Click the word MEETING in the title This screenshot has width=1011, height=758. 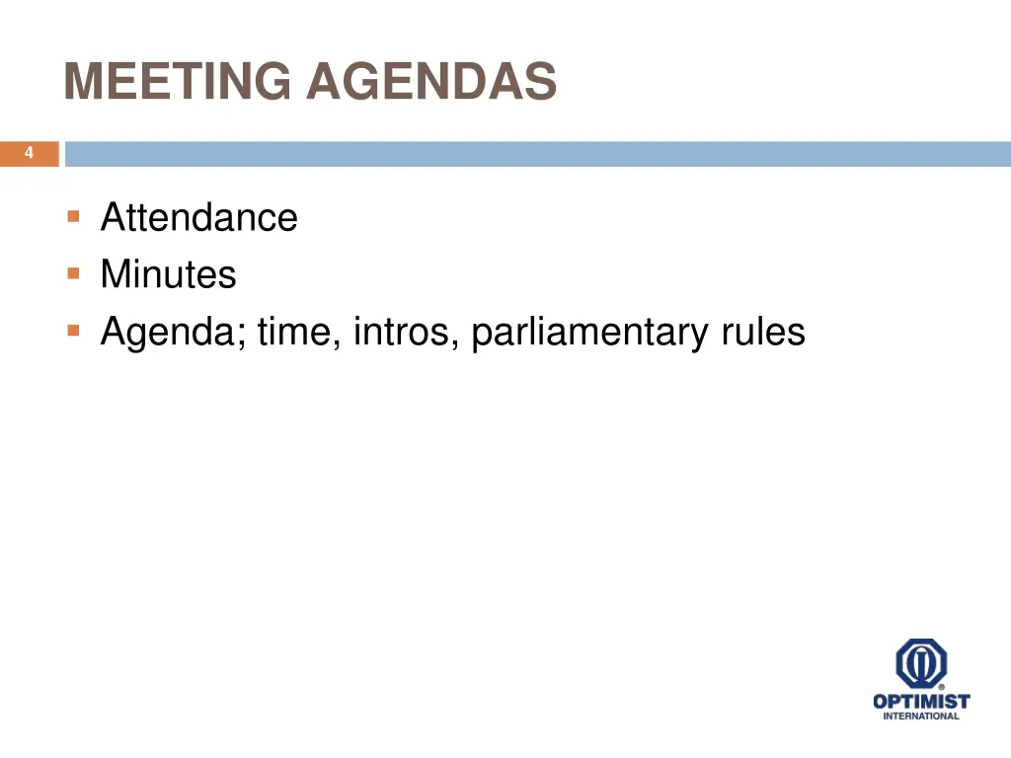click(179, 82)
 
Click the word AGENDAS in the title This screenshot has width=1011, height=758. click(431, 82)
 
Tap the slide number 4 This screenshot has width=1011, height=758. click(29, 153)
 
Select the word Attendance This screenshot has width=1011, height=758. click(198, 217)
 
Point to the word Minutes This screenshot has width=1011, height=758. click(168, 274)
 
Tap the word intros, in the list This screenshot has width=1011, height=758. click(407, 333)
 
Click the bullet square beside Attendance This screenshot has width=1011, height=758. click(73, 215)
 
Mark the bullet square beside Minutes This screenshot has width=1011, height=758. click(73, 272)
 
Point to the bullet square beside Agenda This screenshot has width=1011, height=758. click(73, 331)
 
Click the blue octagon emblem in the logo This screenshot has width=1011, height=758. click(921, 663)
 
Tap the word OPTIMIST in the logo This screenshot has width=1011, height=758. click(921, 702)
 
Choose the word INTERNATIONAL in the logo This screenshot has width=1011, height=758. click(921, 717)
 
